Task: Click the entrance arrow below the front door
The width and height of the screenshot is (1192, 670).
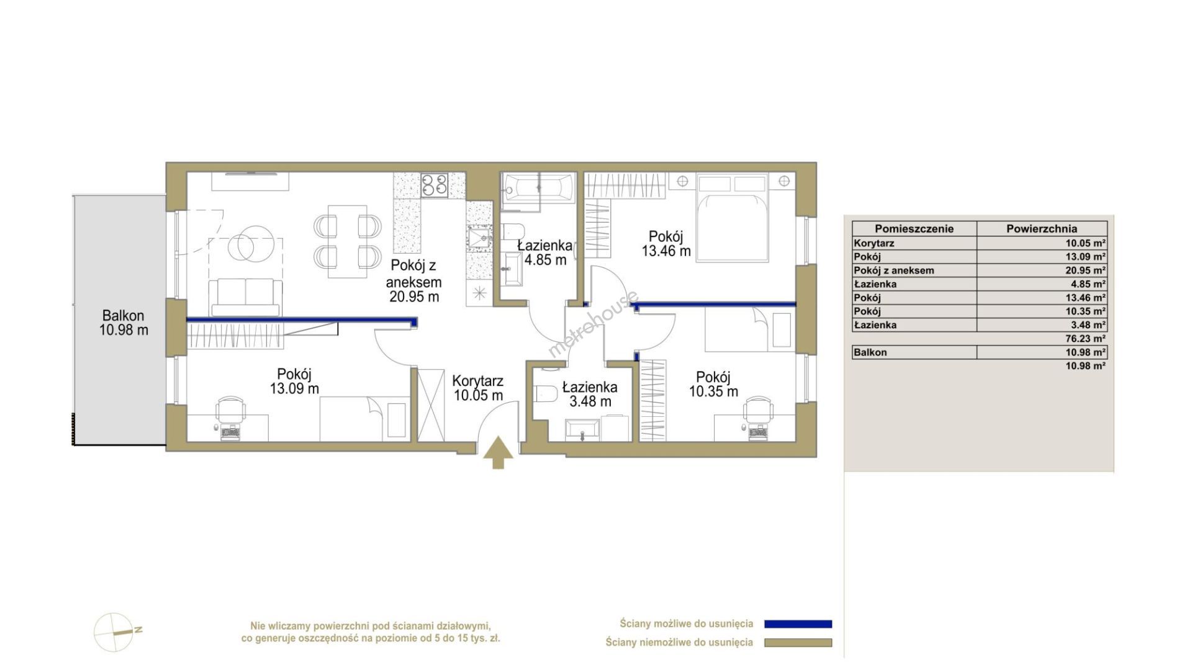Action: (499, 453)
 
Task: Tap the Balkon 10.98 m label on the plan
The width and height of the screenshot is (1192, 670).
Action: (124, 323)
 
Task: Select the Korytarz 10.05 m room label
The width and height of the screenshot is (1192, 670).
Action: (477, 388)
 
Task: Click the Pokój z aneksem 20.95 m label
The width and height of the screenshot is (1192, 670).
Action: (414, 281)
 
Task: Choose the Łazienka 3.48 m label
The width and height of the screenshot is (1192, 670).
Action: (590, 395)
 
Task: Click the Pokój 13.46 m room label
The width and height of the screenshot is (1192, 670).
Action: (666, 244)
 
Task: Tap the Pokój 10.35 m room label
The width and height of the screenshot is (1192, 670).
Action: (713, 384)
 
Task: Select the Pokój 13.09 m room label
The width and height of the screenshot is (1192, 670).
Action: (294, 382)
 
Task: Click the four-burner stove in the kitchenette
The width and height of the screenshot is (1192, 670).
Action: (434, 185)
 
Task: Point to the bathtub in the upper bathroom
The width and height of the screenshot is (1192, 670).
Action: (540, 187)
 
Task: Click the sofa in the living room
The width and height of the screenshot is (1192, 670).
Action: (245, 298)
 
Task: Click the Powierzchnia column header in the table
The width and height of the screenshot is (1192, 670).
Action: (1042, 228)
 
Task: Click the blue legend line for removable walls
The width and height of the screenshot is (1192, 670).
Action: (798, 624)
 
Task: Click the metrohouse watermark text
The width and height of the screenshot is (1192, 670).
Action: (593, 324)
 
